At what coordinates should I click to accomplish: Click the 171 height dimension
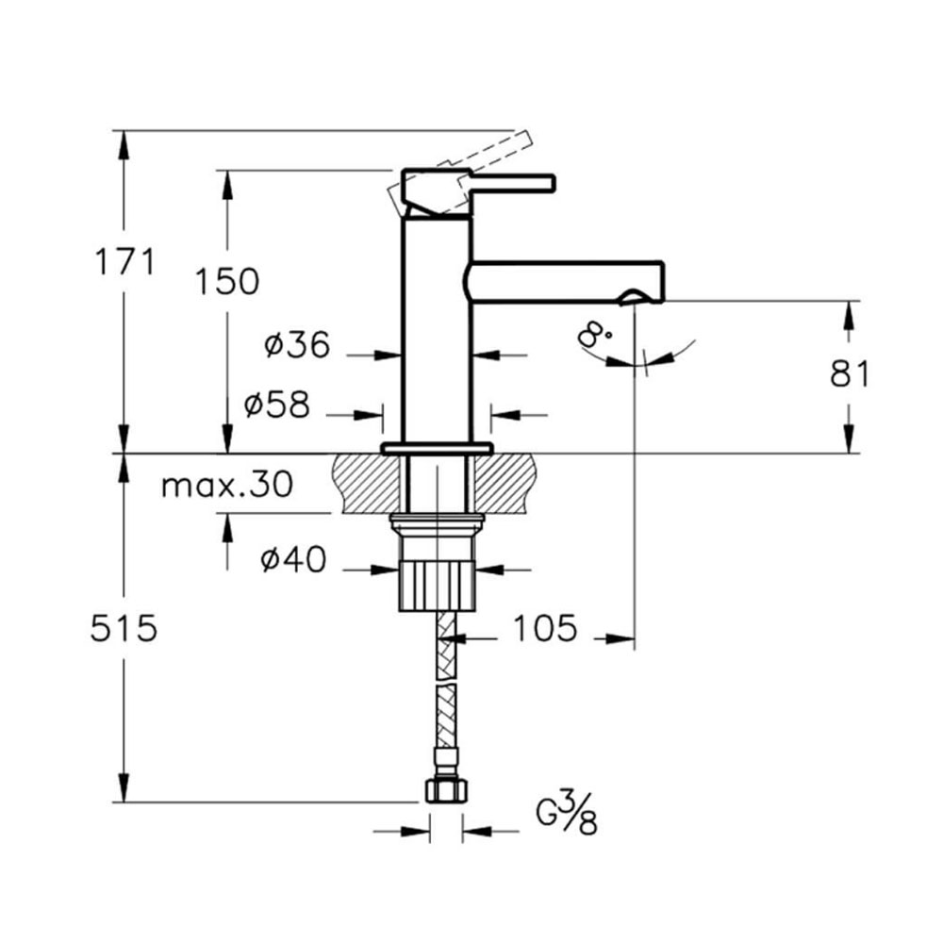point(125,261)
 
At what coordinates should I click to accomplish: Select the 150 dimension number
point(226,281)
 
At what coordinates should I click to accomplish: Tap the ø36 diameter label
point(297,344)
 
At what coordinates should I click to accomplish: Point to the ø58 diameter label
point(276,404)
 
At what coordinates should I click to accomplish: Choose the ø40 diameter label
point(293,559)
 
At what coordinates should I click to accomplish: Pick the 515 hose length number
point(124,628)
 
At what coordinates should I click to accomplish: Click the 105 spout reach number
point(545,628)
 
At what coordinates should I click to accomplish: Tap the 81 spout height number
point(850,373)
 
